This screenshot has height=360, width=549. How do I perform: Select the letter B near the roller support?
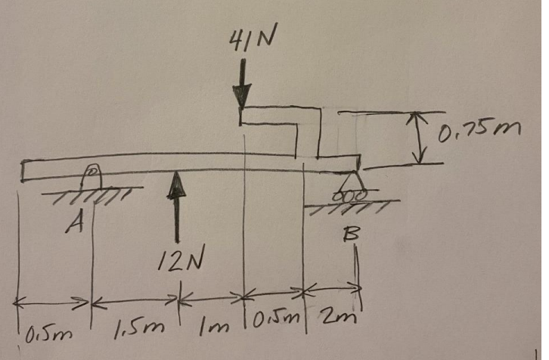(349, 235)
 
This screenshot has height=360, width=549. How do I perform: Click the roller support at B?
(349, 186)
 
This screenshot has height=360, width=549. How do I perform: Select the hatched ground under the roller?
(348, 203)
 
